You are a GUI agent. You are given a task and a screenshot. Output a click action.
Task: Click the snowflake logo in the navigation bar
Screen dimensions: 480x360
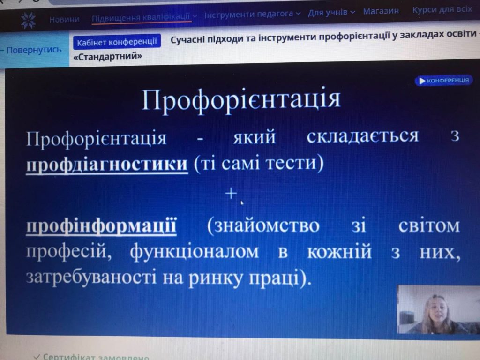[28, 20]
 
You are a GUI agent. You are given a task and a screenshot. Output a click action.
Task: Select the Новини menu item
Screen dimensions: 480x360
[64, 19]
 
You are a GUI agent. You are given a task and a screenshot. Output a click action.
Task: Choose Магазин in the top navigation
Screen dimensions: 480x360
[381, 11]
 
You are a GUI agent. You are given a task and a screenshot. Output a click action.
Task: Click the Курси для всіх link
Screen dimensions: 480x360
[442, 9]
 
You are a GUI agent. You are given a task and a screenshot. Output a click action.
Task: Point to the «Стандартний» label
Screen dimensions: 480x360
[108, 56]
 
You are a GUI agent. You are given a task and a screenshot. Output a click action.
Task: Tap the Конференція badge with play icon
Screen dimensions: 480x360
[444, 81]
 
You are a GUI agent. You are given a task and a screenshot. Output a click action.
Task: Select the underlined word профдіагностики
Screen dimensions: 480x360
[107, 164]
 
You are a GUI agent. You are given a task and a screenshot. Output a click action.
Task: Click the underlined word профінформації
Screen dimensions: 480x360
[101, 226]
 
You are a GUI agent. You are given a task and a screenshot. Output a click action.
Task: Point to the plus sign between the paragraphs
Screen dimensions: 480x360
[231, 194]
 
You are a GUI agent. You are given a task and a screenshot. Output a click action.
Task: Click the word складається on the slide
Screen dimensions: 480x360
[362, 136]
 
